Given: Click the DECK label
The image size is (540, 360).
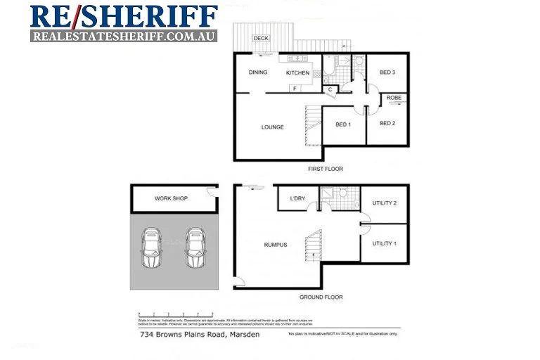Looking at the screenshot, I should click(x=261, y=39).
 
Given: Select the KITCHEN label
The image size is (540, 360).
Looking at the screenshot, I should click(x=297, y=73).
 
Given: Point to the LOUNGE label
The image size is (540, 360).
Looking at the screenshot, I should click(x=272, y=127).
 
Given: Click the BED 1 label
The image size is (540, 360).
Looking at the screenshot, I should click(x=342, y=124).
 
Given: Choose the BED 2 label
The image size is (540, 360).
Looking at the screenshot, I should click(x=387, y=124).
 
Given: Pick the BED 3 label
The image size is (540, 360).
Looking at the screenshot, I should click(x=387, y=72).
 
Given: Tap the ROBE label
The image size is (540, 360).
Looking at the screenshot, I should click(x=394, y=98).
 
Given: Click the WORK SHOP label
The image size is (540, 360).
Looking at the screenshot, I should click(x=171, y=199).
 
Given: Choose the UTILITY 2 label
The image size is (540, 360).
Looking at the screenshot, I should click(x=385, y=204).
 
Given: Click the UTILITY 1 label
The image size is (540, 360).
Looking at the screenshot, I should click(x=385, y=243).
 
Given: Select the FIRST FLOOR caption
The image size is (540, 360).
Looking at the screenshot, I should click(x=326, y=169).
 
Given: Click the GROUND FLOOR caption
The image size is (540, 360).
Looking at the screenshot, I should click(x=321, y=297).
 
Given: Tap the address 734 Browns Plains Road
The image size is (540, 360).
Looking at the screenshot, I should click(x=200, y=334).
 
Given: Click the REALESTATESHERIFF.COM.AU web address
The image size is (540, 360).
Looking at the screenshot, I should click(x=124, y=35).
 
